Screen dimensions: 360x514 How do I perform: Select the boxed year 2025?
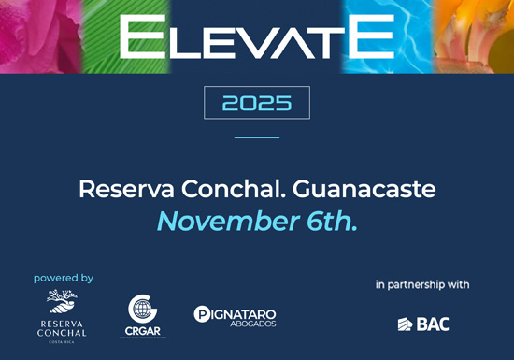point(257,103)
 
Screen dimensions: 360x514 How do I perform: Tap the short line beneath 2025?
point(257,137)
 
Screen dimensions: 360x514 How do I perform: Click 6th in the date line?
point(334,222)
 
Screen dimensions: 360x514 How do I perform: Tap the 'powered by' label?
point(64,278)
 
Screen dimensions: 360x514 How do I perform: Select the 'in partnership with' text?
point(422,283)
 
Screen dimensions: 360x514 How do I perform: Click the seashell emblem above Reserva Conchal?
point(63,302)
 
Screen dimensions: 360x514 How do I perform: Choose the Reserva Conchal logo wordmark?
point(63,328)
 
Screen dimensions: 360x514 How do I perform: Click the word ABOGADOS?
point(244,324)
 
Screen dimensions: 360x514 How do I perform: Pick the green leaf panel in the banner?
point(117,36)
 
